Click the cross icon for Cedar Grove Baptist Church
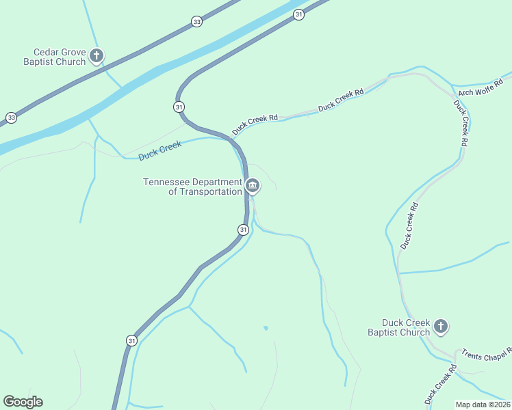[x=97, y=55]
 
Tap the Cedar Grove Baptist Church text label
[x=60, y=57]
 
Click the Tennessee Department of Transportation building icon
[x=253, y=185]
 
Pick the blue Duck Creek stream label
[x=159, y=150]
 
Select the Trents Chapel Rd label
[x=486, y=353]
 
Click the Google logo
[x=23, y=402]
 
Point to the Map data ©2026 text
[x=483, y=405]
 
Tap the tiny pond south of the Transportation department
[x=266, y=328]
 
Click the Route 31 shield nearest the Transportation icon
[x=243, y=230]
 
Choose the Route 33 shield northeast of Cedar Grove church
[x=197, y=22]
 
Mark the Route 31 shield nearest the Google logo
[x=131, y=340]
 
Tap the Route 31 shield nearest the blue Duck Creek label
[x=179, y=107]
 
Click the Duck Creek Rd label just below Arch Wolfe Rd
[x=461, y=123]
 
